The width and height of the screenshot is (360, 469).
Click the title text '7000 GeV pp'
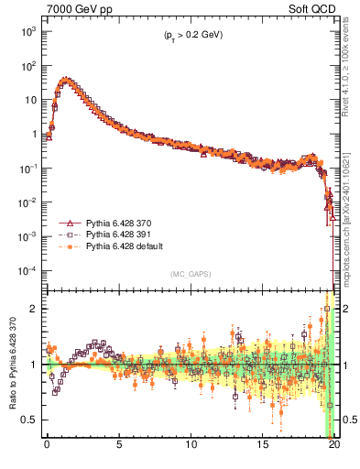pyautogui.click(x=72, y=8)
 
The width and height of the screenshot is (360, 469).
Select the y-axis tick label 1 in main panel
pyautogui.click(x=34, y=134)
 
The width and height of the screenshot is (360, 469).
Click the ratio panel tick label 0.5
pyautogui.click(x=29, y=420)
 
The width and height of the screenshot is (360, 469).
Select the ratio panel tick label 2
pyautogui.click(x=34, y=309)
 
